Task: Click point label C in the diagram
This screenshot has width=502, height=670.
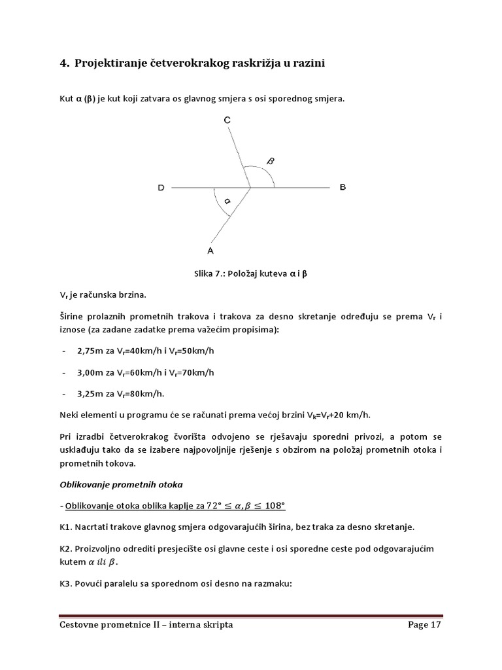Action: (x=227, y=120)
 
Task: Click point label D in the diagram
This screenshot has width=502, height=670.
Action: (x=161, y=188)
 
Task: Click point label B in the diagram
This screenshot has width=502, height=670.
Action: (x=343, y=187)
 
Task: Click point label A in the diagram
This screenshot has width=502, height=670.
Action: (x=210, y=250)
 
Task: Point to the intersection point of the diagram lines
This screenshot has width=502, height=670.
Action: (x=251, y=188)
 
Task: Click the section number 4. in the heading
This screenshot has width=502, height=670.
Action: (x=64, y=63)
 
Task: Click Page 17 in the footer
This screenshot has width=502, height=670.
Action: (x=425, y=625)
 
